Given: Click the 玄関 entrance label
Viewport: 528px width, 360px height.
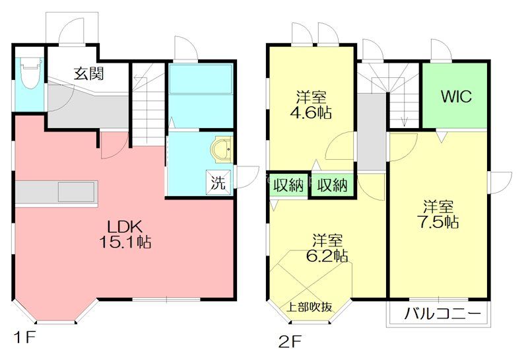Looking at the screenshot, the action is click(89, 73).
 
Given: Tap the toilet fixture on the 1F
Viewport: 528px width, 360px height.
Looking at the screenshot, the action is click(31, 73).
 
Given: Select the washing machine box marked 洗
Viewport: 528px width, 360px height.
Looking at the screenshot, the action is click(218, 182).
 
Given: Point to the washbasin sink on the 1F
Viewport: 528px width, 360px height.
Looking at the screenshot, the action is click(222, 150).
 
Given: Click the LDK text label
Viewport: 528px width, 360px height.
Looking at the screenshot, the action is click(125, 227).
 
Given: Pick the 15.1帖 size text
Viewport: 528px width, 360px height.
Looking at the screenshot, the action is click(125, 242).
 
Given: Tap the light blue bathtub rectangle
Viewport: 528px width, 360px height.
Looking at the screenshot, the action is click(201, 79).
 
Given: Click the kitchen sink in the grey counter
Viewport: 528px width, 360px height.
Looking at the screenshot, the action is click(76, 192).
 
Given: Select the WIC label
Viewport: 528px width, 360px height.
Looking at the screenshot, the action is click(456, 96).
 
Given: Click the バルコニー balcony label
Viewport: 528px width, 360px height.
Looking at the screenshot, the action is click(442, 314).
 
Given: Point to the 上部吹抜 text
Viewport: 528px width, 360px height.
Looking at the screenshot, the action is click(309, 306).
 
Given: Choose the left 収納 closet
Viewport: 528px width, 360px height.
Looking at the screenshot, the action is click(288, 185).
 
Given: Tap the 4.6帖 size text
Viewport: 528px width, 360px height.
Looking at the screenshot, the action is click(311, 112).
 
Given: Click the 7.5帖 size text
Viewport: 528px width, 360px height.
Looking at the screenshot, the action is click(438, 222).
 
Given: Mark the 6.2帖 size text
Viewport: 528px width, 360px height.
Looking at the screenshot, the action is click(327, 256).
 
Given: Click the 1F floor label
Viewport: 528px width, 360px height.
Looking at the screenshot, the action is click(24, 337).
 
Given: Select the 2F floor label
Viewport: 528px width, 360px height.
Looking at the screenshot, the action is click(290, 342).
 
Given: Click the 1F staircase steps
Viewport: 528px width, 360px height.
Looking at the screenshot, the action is click(147, 104).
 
